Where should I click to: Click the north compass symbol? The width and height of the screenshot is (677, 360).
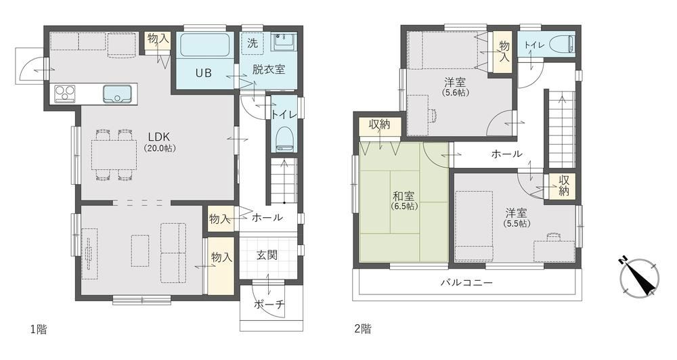(x=639, y=278)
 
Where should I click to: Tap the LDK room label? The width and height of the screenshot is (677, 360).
(x=159, y=141)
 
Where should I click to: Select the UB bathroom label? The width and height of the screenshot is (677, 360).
(x=203, y=73)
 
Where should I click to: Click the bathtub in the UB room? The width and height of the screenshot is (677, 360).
(x=204, y=45)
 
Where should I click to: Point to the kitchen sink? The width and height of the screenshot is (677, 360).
(x=117, y=93)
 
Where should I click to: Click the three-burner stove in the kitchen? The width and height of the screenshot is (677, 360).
(x=65, y=93)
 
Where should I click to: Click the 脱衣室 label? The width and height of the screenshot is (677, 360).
(x=269, y=69)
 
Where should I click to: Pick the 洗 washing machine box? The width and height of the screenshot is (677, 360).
(x=253, y=43)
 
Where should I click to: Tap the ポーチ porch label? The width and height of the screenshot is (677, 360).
(x=269, y=305)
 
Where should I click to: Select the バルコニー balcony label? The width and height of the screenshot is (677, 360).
(x=466, y=283)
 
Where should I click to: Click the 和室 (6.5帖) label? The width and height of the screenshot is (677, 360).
(x=404, y=201)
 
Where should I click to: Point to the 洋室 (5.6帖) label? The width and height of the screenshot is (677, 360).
(x=456, y=87)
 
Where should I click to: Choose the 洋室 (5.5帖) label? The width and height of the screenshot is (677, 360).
(x=517, y=218)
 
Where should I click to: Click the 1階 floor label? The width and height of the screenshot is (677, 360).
(x=38, y=330)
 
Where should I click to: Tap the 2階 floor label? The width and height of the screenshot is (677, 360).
(x=363, y=329)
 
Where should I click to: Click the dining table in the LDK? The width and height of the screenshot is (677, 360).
(x=114, y=154)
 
